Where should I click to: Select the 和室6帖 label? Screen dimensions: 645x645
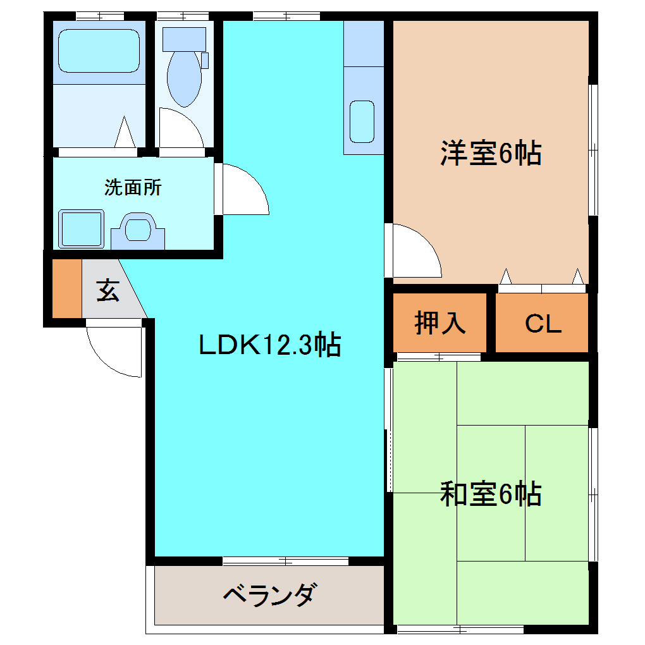click(491, 494)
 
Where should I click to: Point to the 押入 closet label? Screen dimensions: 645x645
click(440, 322)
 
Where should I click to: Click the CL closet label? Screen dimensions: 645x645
click(543, 324)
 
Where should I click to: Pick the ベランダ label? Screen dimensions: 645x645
click(269, 595)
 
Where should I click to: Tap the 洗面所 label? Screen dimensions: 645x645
click(133, 188)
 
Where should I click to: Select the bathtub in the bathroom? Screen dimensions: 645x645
click(98, 50)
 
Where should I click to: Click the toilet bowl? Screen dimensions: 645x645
click(184, 79)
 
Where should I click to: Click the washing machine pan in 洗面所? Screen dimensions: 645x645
click(81, 228)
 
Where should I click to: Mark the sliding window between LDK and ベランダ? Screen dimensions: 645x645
click(285, 561)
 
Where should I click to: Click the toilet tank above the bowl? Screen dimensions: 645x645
click(184, 39)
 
